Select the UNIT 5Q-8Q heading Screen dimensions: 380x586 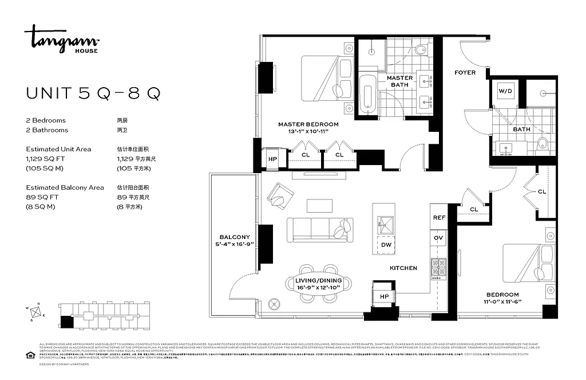pos(93,93)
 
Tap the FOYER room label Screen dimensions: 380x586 pos(465,73)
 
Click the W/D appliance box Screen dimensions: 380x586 pos(505,91)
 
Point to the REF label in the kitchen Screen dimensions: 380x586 pos(439,218)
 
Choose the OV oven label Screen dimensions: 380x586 pos(439,237)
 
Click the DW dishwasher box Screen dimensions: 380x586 pos(386,245)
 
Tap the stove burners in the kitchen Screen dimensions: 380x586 pos(439,268)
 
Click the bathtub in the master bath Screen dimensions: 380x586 pos(367,95)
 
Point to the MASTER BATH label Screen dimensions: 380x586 pos(399,81)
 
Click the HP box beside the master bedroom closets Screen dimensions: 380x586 pos(272,158)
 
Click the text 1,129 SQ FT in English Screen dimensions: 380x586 pos(45,159)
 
